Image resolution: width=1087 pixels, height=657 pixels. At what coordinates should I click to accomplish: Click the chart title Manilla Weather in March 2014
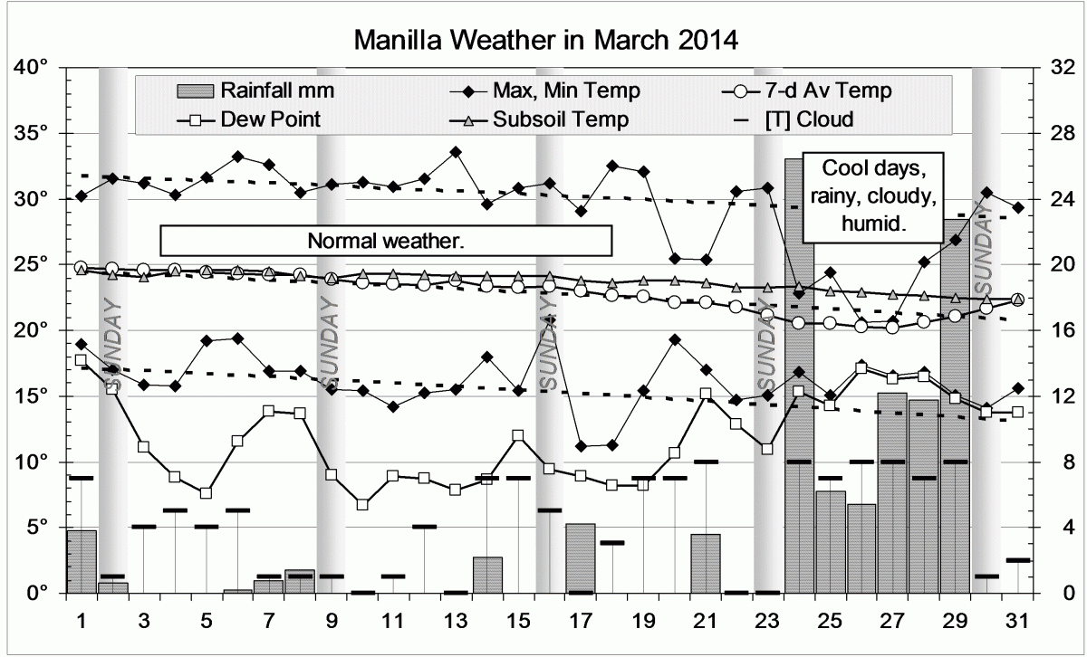(546, 41)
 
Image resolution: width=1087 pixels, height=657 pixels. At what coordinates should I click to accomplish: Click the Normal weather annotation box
(386, 242)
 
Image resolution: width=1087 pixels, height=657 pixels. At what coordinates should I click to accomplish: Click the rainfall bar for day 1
(82, 561)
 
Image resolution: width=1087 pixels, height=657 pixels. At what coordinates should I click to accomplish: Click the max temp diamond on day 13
(456, 152)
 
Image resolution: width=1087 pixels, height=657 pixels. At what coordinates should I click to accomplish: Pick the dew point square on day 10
(362, 504)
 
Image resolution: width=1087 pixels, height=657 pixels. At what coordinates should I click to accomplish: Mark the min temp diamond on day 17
(581, 446)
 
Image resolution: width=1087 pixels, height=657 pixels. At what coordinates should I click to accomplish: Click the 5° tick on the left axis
(39, 528)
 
